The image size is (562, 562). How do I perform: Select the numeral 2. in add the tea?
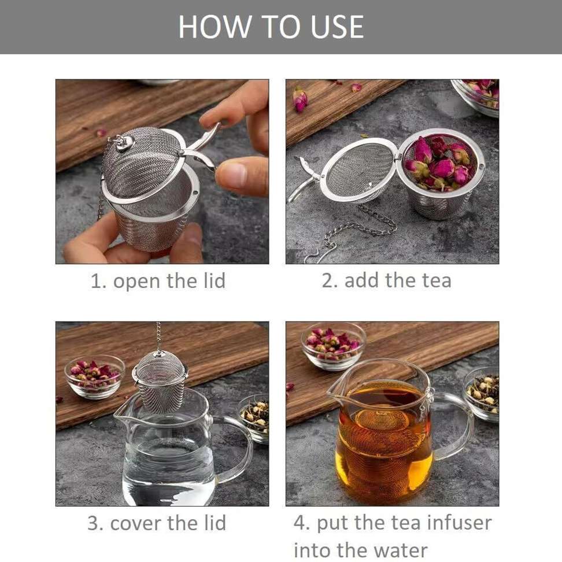coord(330,280)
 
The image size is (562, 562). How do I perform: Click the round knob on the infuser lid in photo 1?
coord(123,142)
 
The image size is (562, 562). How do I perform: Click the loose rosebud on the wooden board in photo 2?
coord(300,99)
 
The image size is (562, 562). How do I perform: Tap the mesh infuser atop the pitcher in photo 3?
coord(160,382)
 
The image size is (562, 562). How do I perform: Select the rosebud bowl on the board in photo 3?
coord(94,376)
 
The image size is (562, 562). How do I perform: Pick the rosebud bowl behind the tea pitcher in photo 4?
coord(334,345)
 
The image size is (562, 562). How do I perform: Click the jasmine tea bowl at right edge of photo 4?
coord(483,393)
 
